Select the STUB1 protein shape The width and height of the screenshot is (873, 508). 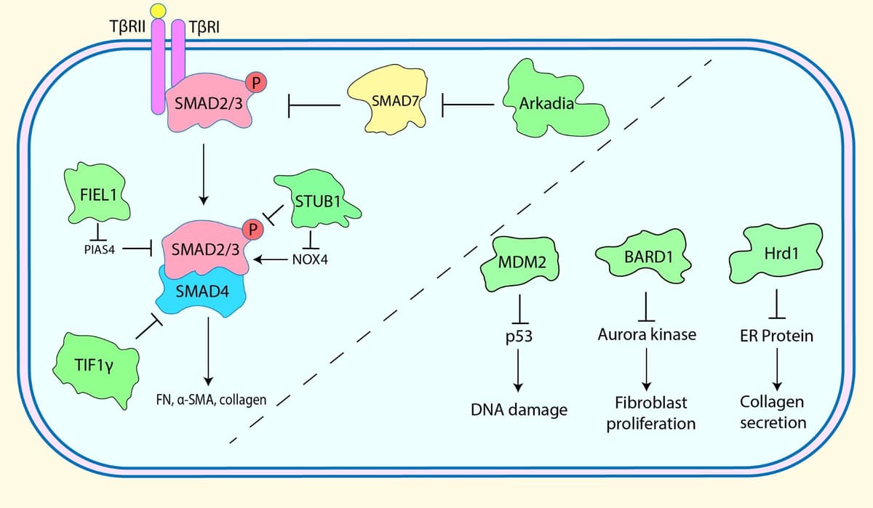[316, 200]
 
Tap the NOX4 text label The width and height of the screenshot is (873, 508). [309, 259]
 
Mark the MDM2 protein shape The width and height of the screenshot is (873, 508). [522, 262]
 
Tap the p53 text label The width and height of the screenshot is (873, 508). [522, 337]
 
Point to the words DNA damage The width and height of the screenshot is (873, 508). [518, 410]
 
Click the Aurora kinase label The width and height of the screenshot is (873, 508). [647, 336]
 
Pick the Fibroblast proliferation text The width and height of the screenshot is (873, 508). [651, 413]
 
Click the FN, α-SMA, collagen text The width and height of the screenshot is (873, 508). [212, 400]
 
